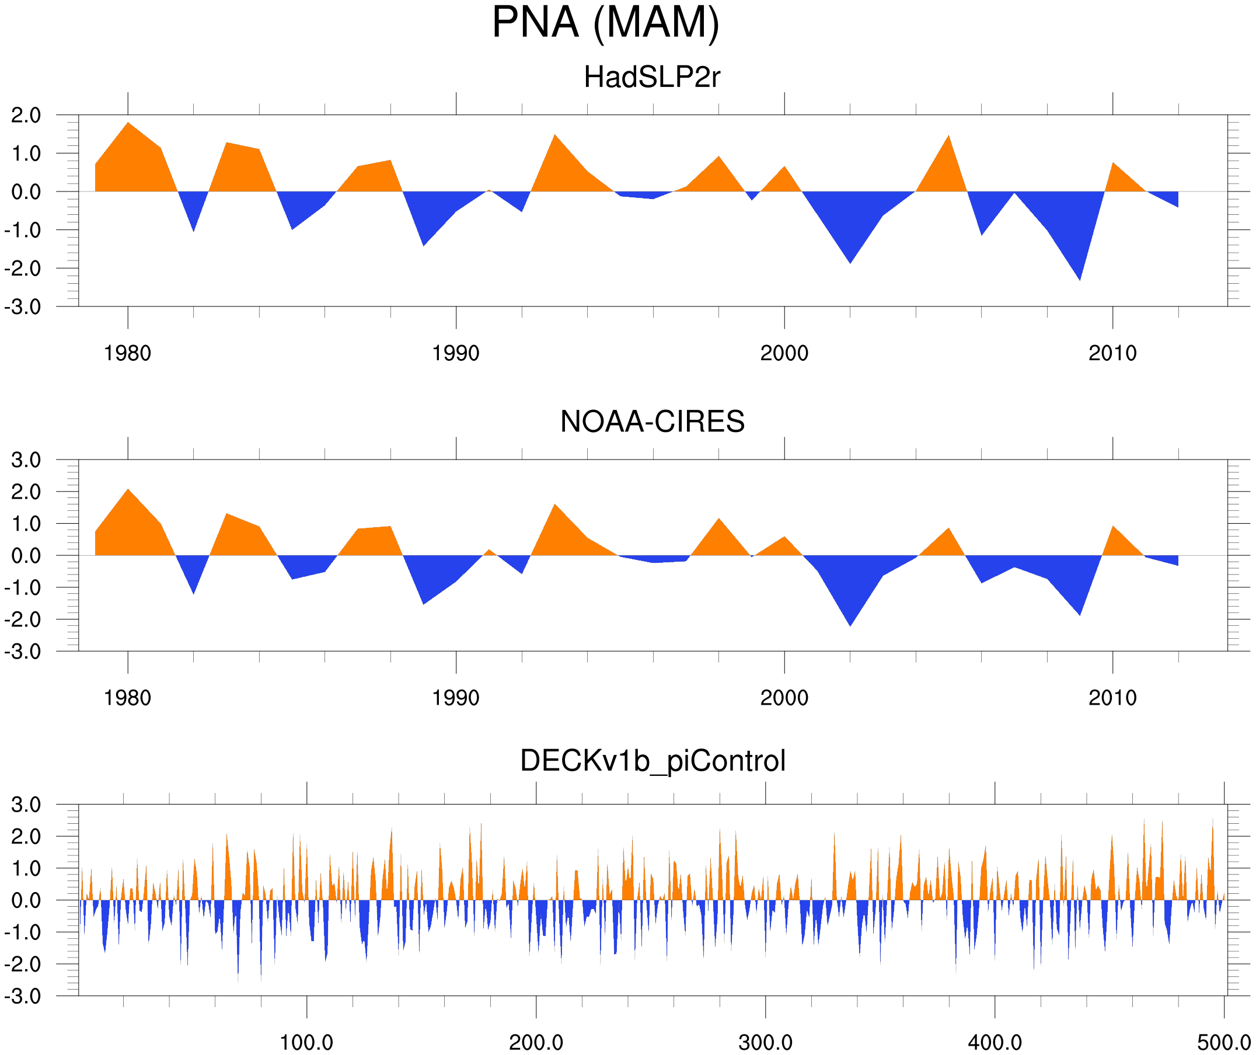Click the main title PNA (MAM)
coord(605,23)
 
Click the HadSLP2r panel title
coord(652,78)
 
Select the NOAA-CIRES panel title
coord(652,422)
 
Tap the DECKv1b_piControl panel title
coord(653,761)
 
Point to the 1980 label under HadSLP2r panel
coord(127,354)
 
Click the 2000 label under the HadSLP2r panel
coord(784,354)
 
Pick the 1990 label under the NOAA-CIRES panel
coord(456,698)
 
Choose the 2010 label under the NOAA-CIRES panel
coord(1112,698)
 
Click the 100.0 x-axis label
coord(306,1043)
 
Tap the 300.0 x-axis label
coord(765,1043)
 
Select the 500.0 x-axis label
coord(1224,1043)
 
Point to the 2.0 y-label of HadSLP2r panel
coord(26,116)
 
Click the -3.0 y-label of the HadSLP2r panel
coord(23,307)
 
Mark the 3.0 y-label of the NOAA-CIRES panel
coord(26,461)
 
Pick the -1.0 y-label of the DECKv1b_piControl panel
coord(23,933)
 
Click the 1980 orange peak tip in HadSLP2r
coord(128,123)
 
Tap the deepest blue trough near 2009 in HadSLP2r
coord(1080,280)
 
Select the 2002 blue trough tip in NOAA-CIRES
coord(850,625)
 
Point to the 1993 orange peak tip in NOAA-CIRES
coord(555,505)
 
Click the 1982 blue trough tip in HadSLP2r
coord(193,231)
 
